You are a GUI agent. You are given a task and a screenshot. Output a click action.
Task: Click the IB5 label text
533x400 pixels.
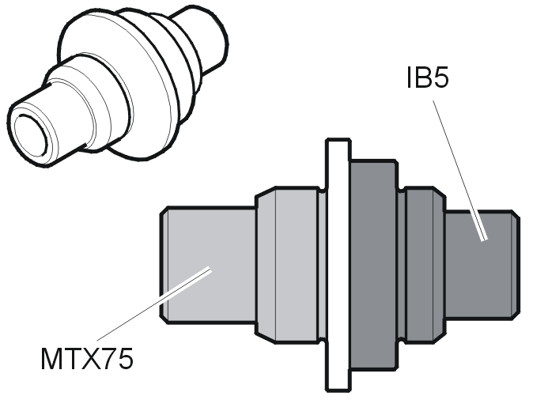pyautogui.click(x=428, y=77)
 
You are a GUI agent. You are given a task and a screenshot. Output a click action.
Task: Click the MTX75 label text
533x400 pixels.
pyautogui.click(x=87, y=359)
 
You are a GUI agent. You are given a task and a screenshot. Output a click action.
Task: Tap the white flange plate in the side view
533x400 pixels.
pyautogui.click(x=338, y=265)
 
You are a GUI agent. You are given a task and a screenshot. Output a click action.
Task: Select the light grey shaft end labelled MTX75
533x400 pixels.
pyautogui.click(x=208, y=264)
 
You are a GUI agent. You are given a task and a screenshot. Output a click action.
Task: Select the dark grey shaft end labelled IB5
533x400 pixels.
pyautogui.click(x=482, y=265)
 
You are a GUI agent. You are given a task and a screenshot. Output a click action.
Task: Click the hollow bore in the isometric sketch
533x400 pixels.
pyautogui.click(x=31, y=135)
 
